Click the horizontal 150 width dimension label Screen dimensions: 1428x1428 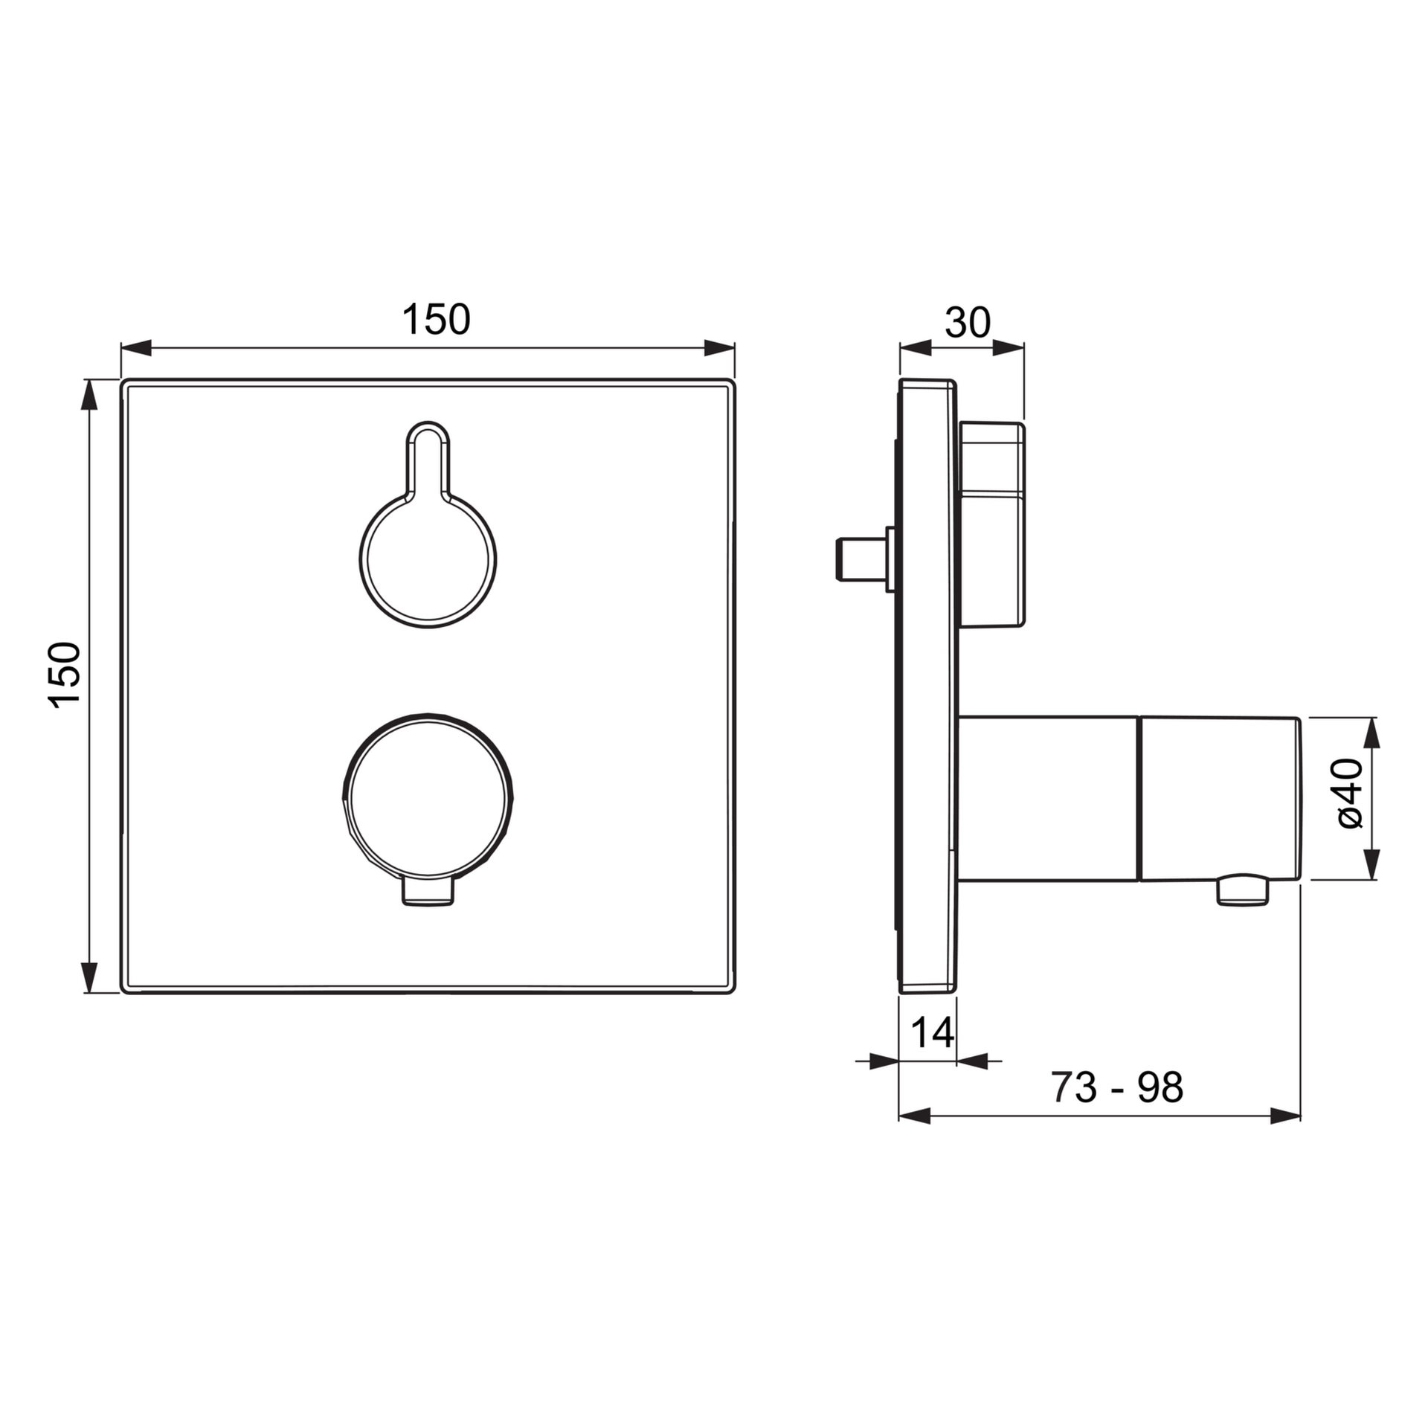point(436,319)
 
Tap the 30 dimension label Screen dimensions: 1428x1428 point(968,323)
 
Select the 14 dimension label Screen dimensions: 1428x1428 point(932,1032)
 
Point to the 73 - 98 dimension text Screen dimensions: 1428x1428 point(1116,1088)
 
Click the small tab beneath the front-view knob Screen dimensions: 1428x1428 point(428,892)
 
